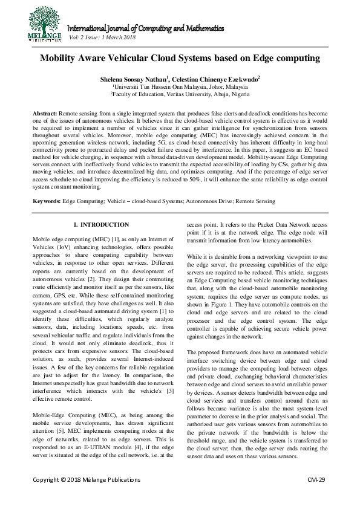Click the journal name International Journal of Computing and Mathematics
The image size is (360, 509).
pyautogui.click(x=145, y=28)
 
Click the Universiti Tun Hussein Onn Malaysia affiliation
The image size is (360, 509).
pyautogui.click(x=179, y=86)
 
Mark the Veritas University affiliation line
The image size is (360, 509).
pyautogui.click(x=179, y=94)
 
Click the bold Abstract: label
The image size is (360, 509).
pyautogui.click(x=45, y=114)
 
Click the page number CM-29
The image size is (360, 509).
pyautogui.click(x=316, y=496)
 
